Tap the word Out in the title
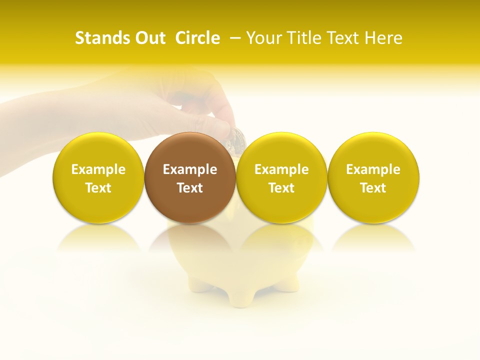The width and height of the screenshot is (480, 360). click(x=149, y=38)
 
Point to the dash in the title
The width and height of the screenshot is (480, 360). click(x=235, y=38)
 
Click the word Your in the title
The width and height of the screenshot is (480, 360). click(x=262, y=38)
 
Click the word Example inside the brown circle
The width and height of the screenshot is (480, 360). click(x=190, y=169)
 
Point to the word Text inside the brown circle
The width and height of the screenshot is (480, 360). click(x=190, y=188)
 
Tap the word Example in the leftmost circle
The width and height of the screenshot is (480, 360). click(x=98, y=169)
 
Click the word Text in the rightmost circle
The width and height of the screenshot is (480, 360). click(x=373, y=188)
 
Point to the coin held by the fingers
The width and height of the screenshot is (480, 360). click(x=235, y=137)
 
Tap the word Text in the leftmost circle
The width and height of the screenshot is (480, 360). click(x=98, y=188)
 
